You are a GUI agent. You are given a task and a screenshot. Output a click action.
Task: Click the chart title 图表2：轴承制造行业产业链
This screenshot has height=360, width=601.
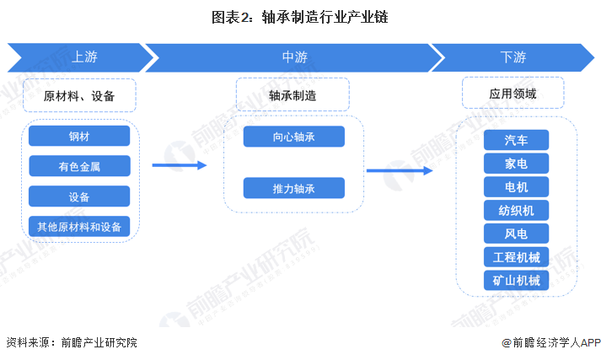[300, 17]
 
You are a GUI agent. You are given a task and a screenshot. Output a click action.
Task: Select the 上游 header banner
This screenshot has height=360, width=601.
[80, 57]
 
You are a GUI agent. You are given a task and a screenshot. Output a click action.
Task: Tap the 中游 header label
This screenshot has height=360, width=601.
[295, 57]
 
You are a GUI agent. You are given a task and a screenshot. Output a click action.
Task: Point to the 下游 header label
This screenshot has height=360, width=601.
[512, 57]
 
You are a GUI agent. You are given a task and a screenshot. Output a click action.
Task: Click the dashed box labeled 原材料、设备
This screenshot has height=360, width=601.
[79, 95]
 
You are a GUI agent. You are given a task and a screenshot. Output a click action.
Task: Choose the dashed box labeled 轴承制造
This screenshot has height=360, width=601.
[292, 94]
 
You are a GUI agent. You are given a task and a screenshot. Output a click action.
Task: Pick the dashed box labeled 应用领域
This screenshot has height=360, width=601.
[512, 93]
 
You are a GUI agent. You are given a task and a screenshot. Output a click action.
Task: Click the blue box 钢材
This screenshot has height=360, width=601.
[79, 136]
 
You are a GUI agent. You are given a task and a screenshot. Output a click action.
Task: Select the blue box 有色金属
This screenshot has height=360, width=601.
[79, 166]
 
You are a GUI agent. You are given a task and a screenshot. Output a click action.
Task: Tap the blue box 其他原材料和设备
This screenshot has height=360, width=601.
[79, 227]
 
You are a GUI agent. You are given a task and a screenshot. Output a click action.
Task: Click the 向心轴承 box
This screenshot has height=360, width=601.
[294, 137]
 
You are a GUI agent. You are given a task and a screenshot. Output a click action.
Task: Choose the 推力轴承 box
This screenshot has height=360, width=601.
[294, 188]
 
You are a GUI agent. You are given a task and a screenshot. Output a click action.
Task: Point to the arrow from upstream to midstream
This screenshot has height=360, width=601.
[180, 165]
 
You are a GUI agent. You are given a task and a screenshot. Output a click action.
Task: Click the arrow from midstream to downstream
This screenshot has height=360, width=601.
[400, 170]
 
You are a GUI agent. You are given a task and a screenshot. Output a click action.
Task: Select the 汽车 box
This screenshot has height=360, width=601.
[517, 140]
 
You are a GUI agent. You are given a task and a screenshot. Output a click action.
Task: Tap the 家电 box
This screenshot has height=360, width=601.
[517, 164]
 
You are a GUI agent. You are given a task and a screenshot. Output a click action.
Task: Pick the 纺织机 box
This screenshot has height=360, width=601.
[517, 210]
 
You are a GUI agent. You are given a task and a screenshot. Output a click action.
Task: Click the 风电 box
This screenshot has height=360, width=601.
[517, 234]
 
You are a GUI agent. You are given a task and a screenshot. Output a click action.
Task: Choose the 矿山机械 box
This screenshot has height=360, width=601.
[517, 280]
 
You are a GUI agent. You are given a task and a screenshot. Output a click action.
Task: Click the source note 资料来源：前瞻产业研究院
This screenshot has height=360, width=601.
[72, 342]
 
